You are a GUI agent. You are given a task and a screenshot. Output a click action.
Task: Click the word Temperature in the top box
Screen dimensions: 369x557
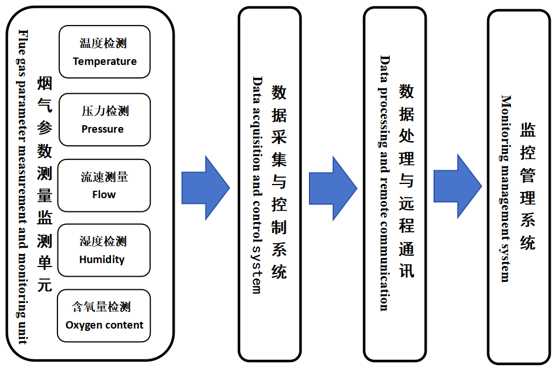pyautogui.click(x=105, y=61)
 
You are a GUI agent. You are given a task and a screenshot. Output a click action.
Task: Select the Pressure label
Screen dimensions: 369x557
pyautogui.click(x=102, y=129)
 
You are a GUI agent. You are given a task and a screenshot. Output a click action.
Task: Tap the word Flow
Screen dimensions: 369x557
pyautogui.click(x=104, y=195)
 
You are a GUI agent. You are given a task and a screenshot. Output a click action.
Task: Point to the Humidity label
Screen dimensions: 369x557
pyautogui.click(x=102, y=260)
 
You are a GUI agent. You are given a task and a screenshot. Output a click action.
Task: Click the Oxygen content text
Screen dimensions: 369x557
pyautogui.click(x=105, y=325)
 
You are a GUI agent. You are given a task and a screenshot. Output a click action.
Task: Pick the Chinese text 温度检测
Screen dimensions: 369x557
pyautogui.click(x=103, y=44)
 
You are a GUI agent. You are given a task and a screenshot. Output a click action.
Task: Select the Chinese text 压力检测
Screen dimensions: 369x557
pyautogui.click(x=105, y=111)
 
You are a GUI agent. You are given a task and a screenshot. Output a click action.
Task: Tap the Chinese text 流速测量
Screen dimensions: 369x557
pyautogui.click(x=104, y=177)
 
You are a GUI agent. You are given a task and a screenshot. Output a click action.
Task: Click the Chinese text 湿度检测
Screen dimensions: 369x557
pyautogui.click(x=103, y=241)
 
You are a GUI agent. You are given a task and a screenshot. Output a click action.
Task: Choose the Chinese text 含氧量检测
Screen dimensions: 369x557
pyautogui.click(x=101, y=307)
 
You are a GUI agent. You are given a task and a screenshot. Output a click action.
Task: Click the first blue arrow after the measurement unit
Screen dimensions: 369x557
pyautogui.click(x=205, y=187)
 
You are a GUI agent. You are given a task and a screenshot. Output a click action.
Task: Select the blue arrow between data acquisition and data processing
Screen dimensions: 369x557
pyautogui.click(x=332, y=188)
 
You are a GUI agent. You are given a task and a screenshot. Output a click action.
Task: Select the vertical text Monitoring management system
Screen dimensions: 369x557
pyautogui.click(x=505, y=188)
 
